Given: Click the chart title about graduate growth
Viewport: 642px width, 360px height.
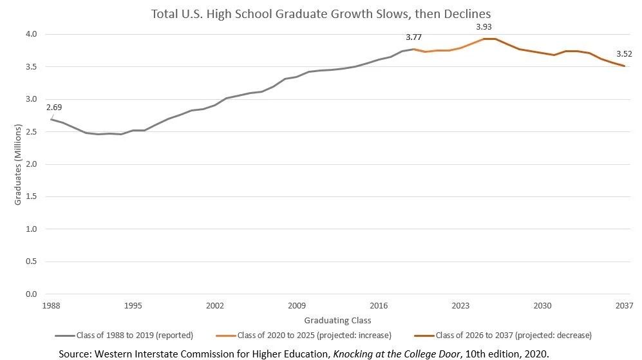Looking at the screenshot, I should click(x=321, y=13).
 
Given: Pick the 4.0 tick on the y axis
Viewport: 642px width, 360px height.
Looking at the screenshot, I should click(x=32, y=34).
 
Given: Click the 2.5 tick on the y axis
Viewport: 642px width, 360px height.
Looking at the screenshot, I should click(x=32, y=132).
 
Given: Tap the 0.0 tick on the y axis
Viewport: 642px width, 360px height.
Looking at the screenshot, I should click(x=32, y=294).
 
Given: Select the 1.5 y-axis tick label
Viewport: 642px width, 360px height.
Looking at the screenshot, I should click(x=32, y=197).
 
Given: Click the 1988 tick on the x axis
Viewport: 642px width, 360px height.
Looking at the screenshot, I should click(x=51, y=306).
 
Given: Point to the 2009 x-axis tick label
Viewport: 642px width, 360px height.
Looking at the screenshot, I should click(x=297, y=306).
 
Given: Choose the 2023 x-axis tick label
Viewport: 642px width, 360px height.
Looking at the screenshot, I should click(x=460, y=306).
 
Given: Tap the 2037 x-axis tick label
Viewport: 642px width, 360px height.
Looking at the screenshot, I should click(x=624, y=306).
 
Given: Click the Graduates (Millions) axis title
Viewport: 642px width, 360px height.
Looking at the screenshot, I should click(x=18, y=164).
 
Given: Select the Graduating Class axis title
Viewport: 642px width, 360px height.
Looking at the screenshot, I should click(x=337, y=320).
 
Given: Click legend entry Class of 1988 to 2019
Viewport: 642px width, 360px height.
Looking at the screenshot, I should click(x=134, y=335).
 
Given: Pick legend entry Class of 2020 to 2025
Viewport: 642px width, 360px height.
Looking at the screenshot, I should click(x=315, y=335).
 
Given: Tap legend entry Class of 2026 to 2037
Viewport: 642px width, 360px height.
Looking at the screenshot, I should click(x=513, y=335).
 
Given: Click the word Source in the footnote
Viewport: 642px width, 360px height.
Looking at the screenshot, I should click(x=75, y=354).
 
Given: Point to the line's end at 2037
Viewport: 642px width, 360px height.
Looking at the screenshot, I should click(x=624, y=66).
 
